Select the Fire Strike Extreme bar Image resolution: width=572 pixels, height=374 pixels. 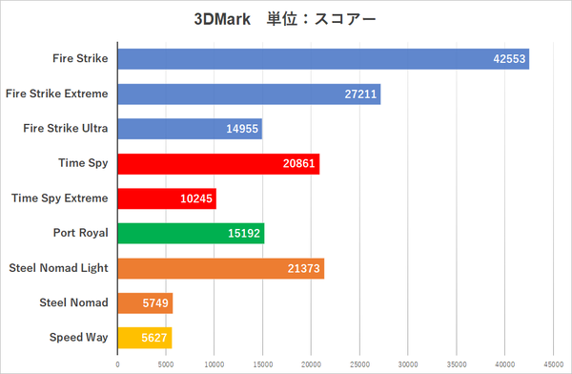point(249,93)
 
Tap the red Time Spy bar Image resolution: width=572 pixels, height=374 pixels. point(218,164)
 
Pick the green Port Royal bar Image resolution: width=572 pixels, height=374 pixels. point(191,233)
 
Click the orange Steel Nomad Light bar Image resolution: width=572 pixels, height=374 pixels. point(220,268)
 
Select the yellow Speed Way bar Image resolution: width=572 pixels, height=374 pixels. point(145,337)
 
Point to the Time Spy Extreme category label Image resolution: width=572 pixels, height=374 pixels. point(59,198)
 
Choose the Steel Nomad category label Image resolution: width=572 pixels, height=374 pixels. point(73,302)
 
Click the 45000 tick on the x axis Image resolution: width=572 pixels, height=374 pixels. point(554,364)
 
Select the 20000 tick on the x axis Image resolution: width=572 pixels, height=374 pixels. point(311,364)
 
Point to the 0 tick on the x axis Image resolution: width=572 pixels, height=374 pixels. point(117,364)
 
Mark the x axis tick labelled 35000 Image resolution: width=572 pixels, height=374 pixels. point(457,364)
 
